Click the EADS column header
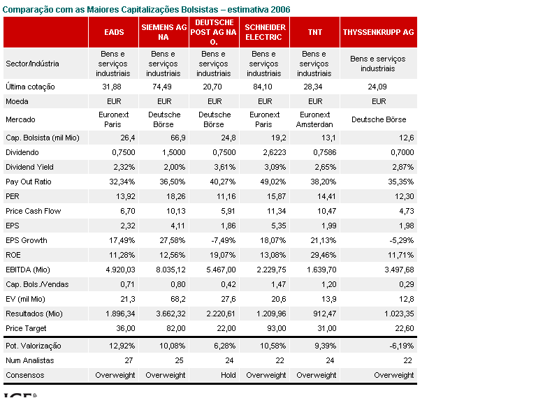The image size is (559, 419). (x=114, y=32)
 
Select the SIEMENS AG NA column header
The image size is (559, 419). (x=164, y=32)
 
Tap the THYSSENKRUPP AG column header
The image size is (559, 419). (x=378, y=32)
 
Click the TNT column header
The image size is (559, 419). (x=314, y=32)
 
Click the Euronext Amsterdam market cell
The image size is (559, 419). (x=314, y=119)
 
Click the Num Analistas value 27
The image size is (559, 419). (x=126, y=360)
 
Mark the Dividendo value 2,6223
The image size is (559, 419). (x=272, y=152)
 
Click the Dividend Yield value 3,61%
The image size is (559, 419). (x=222, y=167)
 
